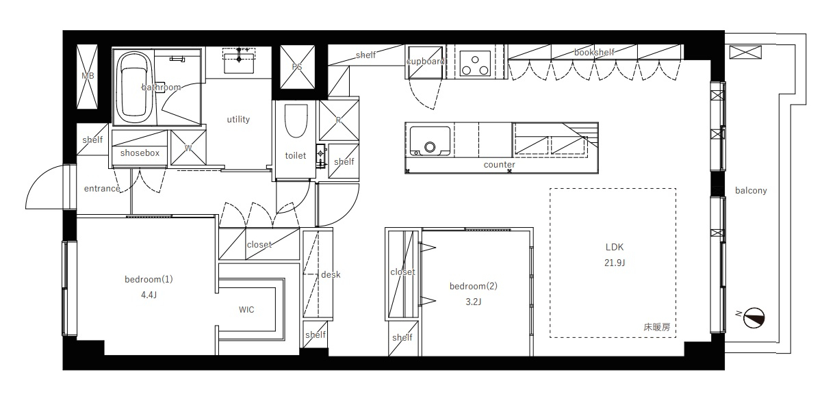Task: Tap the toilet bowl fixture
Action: [x=296, y=120]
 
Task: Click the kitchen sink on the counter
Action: [x=430, y=141]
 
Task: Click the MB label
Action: [x=88, y=76]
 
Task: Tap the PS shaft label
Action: [x=297, y=67]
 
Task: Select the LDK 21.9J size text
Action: [x=615, y=263]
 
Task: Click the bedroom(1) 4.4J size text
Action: [x=149, y=295]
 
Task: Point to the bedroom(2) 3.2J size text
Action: [x=474, y=302]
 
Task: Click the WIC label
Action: [x=246, y=309]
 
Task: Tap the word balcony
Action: [x=751, y=191]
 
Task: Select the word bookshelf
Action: [x=594, y=52]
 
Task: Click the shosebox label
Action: [x=140, y=153]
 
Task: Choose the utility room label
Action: [x=238, y=119]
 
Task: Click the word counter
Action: [x=500, y=165]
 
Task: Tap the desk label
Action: [x=331, y=274]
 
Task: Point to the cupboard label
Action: [x=425, y=62]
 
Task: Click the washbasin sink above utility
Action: [x=239, y=62]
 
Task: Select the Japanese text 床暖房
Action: [x=657, y=327]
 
